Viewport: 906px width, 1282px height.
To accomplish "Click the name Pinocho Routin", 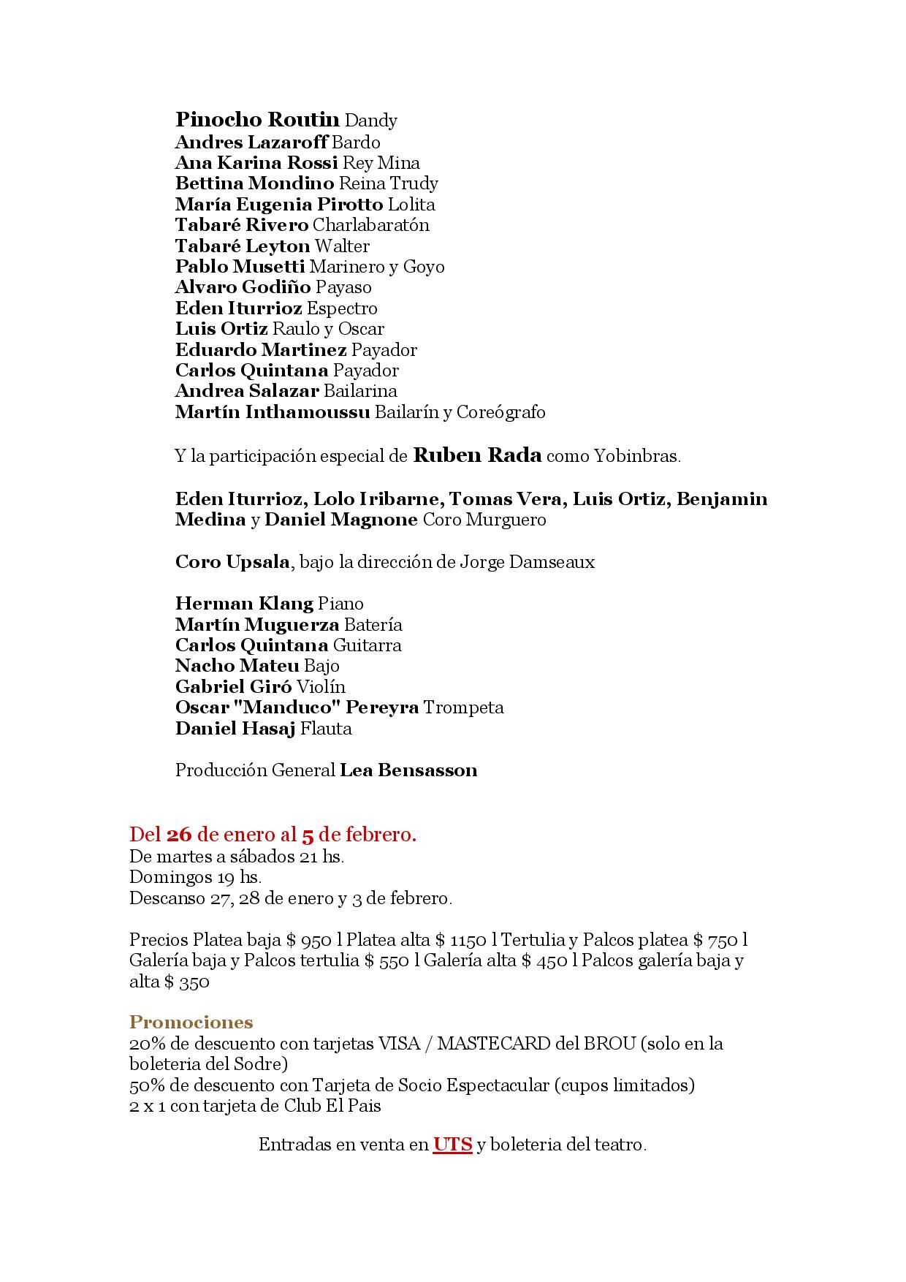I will point(257,120).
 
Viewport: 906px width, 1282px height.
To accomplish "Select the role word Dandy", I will point(370,121).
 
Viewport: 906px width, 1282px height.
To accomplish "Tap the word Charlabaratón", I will point(370,225).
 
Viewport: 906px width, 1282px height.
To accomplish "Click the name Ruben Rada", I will point(477,456).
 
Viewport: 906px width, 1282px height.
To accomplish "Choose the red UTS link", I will point(452,1145).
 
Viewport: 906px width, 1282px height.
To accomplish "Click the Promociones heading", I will point(191,1022).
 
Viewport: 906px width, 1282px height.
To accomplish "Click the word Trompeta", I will point(463,708).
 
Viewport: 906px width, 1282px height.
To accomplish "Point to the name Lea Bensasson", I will point(408,770).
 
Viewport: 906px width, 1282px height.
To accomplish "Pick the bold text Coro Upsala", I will point(232,562).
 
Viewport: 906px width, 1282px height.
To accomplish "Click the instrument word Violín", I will point(321,687).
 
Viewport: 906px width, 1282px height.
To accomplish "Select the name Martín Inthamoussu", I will point(273,412).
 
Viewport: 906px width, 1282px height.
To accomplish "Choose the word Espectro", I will point(341,308).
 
